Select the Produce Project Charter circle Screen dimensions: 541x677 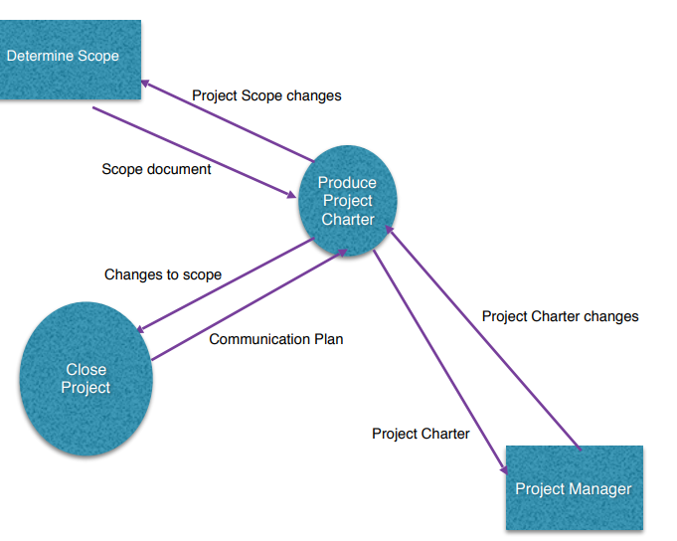click(x=347, y=201)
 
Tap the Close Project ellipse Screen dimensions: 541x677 click(x=85, y=378)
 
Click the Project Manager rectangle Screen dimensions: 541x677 click(x=574, y=487)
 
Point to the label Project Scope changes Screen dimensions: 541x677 click(x=266, y=96)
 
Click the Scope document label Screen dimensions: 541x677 click(x=156, y=169)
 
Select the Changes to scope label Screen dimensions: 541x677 click(x=163, y=274)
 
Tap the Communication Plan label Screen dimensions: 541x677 click(x=275, y=339)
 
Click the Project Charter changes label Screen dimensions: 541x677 click(x=560, y=316)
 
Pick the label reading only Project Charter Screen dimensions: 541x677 click(x=421, y=434)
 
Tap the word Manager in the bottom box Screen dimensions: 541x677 click(x=599, y=489)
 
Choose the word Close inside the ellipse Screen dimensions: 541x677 click(x=85, y=369)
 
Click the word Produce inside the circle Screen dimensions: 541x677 click(x=347, y=183)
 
